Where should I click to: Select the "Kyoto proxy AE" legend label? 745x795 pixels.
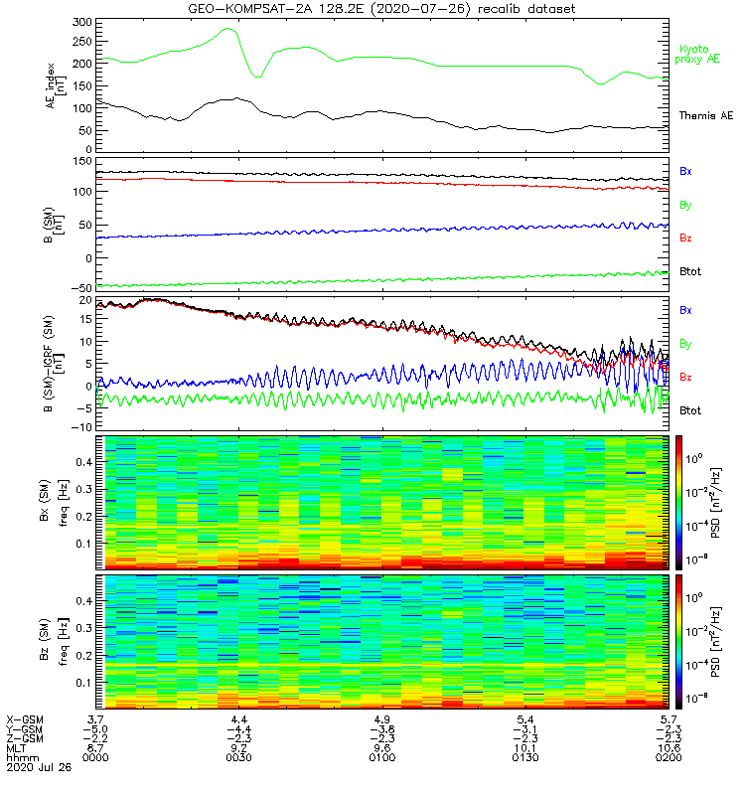[698, 55]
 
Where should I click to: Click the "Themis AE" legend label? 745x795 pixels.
[705, 116]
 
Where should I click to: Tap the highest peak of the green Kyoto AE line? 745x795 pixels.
[228, 29]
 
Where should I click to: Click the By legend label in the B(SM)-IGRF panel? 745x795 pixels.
[686, 344]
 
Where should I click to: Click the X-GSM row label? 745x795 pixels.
[23, 717]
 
